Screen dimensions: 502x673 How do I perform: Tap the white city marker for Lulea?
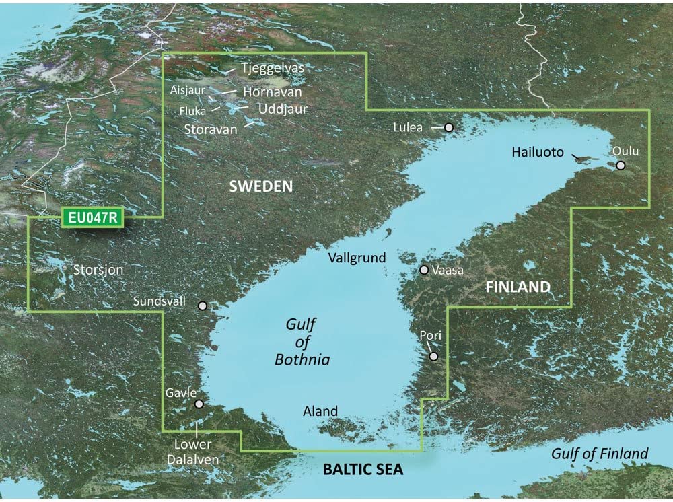tap(449, 127)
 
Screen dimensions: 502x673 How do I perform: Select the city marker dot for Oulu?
tap(621, 165)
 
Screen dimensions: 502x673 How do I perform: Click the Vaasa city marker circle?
tap(424, 270)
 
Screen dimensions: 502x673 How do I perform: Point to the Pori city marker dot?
tap(434, 357)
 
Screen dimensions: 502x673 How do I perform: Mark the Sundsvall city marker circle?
tap(203, 306)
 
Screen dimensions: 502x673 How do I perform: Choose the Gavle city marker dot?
tap(199, 404)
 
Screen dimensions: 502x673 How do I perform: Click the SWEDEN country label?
tap(262, 186)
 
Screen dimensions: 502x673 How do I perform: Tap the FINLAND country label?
tap(518, 287)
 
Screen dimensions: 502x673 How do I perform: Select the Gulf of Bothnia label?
tap(302, 343)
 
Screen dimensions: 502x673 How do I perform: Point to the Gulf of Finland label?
tap(600, 454)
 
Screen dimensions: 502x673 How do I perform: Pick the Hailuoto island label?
tap(537, 153)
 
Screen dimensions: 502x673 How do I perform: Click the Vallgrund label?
tap(357, 258)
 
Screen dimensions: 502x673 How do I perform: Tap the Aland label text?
tap(320, 411)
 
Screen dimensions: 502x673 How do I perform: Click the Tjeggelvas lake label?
tap(273, 69)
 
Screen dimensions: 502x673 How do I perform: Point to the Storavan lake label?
tap(210, 129)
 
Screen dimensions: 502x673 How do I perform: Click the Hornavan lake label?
tap(272, 92)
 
